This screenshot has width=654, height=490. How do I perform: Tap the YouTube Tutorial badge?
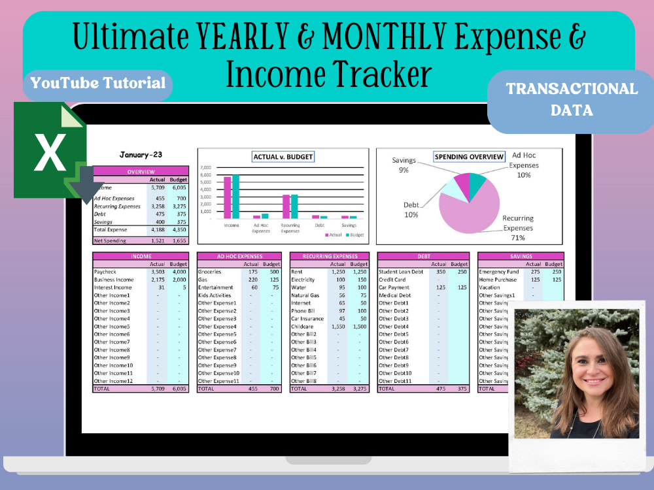coord(98,83)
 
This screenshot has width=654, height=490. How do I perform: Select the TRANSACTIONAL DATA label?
coord(572,99)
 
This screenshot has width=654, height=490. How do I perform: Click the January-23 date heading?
coord(141,155)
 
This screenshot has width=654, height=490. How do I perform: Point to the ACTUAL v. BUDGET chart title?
coord(283,157)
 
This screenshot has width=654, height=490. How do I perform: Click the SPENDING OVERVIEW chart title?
coord(469,157)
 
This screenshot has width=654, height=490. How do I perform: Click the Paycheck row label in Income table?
coord(106,272)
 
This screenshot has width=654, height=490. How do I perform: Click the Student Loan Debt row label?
coord(402,272)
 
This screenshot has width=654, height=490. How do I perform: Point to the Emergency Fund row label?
coord(500,272)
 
